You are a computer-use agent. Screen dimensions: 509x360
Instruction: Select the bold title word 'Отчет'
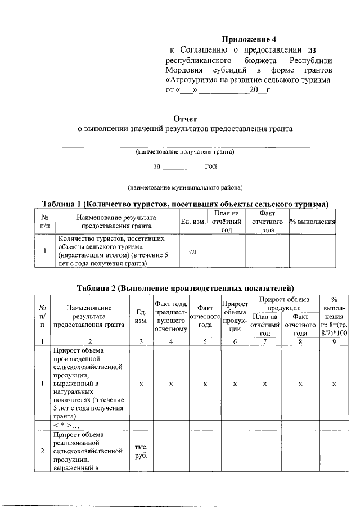185,119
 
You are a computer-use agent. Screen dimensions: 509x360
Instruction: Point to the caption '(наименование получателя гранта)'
185,152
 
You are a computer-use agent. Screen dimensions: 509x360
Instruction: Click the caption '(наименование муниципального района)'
185,187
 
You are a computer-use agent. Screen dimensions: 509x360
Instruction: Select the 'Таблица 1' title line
185,203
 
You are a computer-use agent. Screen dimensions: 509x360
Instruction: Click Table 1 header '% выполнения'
313,222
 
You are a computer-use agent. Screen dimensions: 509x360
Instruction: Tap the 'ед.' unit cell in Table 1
192,250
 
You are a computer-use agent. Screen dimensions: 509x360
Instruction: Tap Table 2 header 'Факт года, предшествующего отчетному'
170,316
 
